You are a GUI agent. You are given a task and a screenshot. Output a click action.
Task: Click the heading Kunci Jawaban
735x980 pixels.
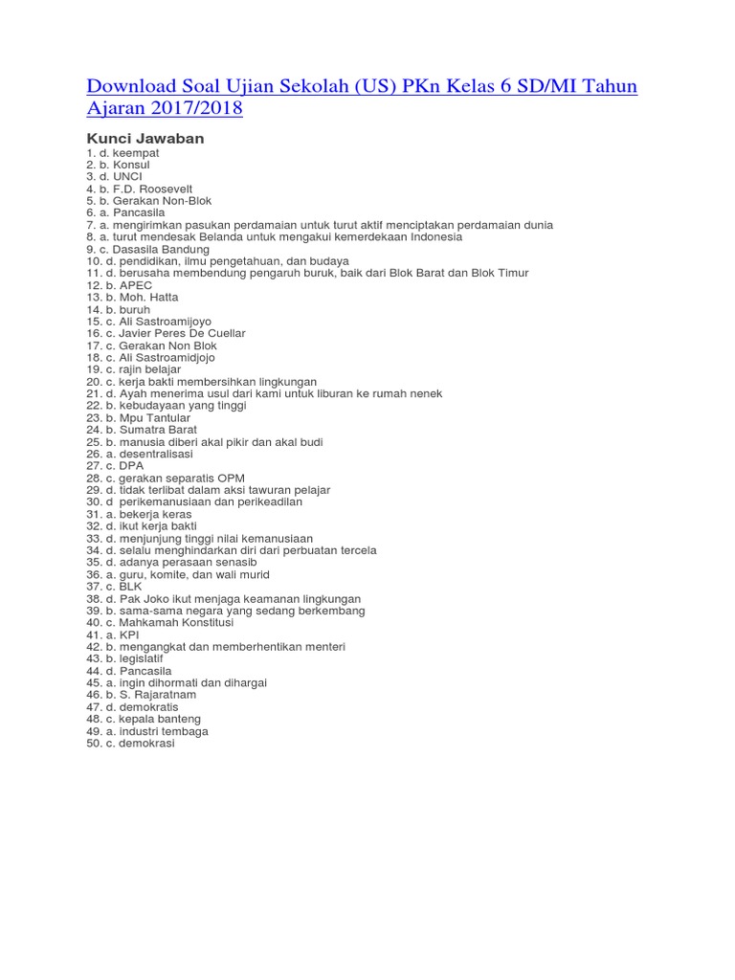[x=145, y=139]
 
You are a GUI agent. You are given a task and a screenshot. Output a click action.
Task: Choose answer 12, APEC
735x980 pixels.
[x=130, y=285]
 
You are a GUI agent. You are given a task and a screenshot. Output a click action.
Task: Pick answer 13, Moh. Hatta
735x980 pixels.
[x=139, y=298]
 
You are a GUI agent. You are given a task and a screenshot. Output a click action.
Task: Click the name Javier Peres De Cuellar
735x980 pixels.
[x=182, y=333]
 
